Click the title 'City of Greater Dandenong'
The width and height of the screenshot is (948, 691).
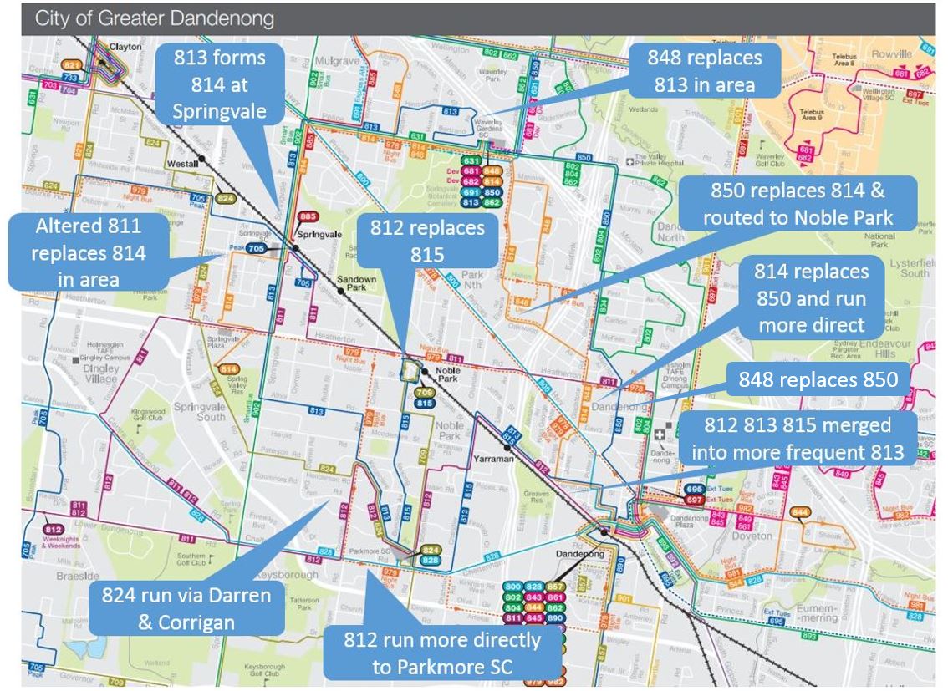tap(154, 18)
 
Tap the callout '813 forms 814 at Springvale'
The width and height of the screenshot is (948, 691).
tap(220, 84)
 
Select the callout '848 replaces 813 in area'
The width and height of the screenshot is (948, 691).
tap(704, 71)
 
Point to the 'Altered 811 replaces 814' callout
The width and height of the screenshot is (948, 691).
tap(89, 252)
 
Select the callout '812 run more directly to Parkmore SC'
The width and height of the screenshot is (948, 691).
tap(442, 654)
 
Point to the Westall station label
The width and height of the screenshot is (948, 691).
tap(181, 164)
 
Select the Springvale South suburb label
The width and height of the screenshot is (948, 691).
tap(199, 411)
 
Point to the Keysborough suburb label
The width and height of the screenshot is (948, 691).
tap(292, 575)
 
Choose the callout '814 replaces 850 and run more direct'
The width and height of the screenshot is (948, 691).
tap(811, 298)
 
